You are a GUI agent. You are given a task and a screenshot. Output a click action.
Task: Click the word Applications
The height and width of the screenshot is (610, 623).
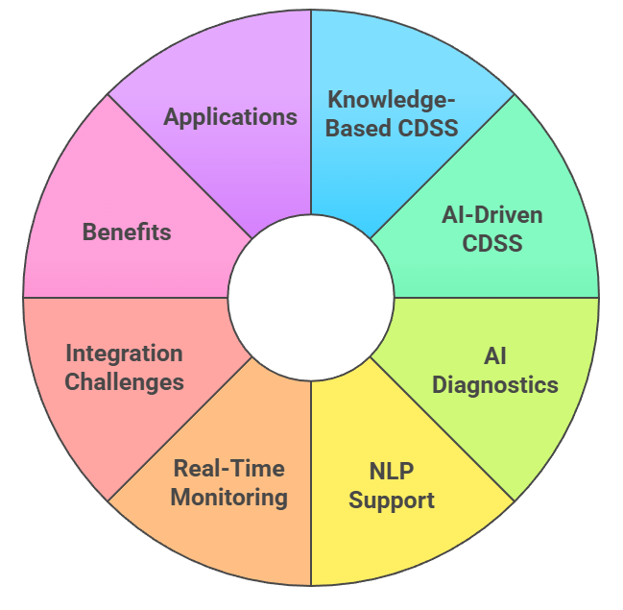tap(230, 117)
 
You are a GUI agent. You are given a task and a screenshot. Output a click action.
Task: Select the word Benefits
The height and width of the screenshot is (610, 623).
tap(127, 232)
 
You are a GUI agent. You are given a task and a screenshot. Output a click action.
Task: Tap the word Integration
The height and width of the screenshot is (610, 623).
tap(124, 354)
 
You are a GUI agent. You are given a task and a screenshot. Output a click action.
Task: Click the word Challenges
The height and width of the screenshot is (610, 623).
tap(124, 381)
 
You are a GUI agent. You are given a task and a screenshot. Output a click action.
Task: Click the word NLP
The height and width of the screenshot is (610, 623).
tap(391, 472)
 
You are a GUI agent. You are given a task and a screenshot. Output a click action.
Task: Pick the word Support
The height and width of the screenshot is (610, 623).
tap(391, 500)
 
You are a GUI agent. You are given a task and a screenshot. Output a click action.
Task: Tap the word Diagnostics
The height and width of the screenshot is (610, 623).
tap(494, 384)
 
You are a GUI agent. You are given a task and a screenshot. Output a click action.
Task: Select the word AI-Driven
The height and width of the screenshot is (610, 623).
tap(492, 214)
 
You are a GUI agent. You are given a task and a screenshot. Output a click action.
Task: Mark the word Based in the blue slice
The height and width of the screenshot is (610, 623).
tap(356, 127)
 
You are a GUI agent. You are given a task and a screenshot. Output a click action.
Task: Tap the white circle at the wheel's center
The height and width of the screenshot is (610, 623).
tap(311, 298)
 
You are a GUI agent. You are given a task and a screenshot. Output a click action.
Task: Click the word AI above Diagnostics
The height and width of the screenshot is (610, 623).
tap(494, 356)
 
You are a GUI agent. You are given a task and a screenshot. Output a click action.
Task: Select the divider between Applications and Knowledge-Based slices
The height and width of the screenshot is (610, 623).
tap(311, 115)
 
